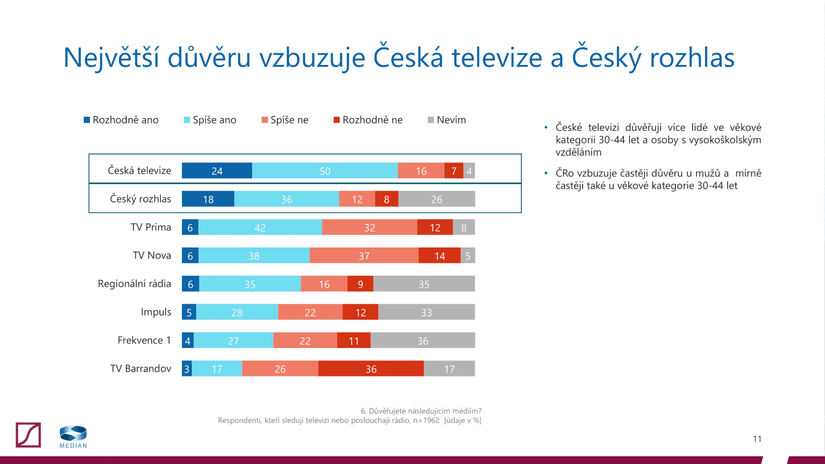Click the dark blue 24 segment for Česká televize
(217, 171)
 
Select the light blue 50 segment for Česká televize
(325, 171)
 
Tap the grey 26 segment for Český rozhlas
(436, 199)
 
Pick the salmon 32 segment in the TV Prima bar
(369, 227)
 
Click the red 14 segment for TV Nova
(439, 256)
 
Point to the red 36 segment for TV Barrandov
(371, 369)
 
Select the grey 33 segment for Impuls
(426, 312)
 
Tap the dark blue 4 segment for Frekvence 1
(188, 340)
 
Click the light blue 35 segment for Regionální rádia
(250, 284)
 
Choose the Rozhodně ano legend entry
(121, 120)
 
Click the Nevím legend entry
(447, 120)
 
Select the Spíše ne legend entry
(285, 120)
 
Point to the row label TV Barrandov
(140, 369)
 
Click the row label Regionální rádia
(134, 284)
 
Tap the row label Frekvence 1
(144, 340)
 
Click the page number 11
(757, 439)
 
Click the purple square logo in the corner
(28, 435)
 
